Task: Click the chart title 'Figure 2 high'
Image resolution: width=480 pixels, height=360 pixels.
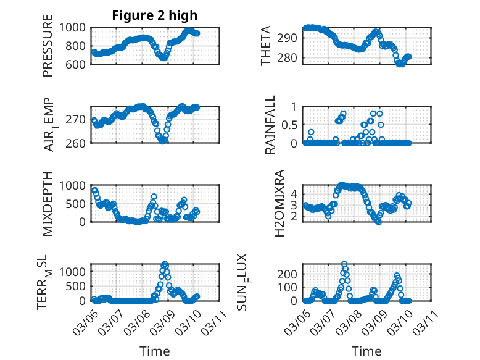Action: click(155, 15)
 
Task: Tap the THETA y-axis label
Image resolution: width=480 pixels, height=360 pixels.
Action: click(266, 47)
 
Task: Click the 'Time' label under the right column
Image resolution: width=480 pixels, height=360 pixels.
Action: click(366, 351)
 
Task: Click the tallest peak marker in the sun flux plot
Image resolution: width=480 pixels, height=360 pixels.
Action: click(344, 264)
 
